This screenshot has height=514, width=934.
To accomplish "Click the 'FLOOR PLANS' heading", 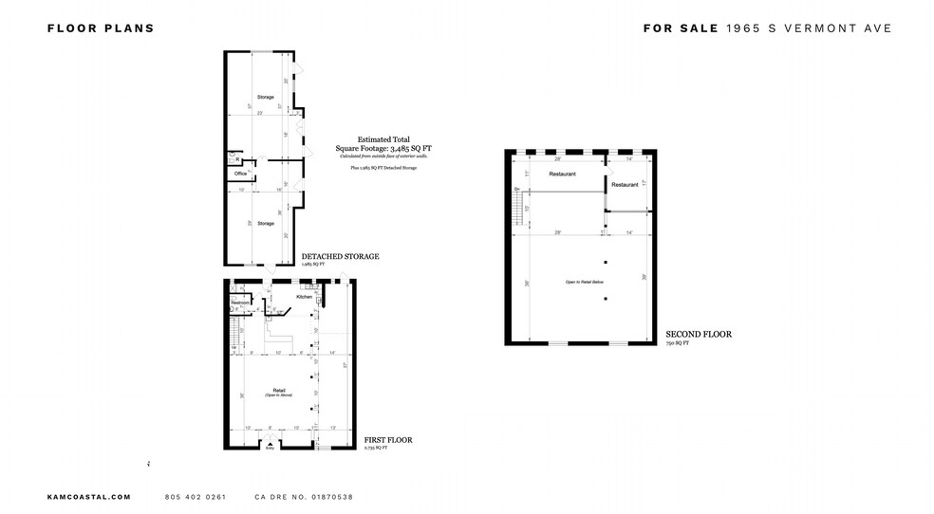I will [x=101, y=28].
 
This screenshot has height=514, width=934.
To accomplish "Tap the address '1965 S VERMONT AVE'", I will [x=810, y=28].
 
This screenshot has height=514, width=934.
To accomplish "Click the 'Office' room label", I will [x=240, y=174].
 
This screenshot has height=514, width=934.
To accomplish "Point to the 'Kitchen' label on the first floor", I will [x=304, y=297].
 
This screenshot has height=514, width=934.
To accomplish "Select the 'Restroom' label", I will [x=239, y=303].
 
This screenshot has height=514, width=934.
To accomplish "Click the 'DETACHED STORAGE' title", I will [x=340, y=256].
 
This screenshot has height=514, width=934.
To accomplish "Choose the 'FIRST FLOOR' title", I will [x=387, y=440].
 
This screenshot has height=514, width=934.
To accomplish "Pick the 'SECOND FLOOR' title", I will [x=698, y=334].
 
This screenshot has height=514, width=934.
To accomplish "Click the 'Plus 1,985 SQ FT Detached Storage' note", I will [x=383, y=167].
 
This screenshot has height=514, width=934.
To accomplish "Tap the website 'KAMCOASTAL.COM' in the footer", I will [x=88, y=497].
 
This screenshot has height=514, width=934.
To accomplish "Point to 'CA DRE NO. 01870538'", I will [x=304, y=497].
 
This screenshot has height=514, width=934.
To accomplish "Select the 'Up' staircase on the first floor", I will [x=233, y=333].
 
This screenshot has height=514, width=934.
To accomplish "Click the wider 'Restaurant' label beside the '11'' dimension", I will [x=563, y=174].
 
